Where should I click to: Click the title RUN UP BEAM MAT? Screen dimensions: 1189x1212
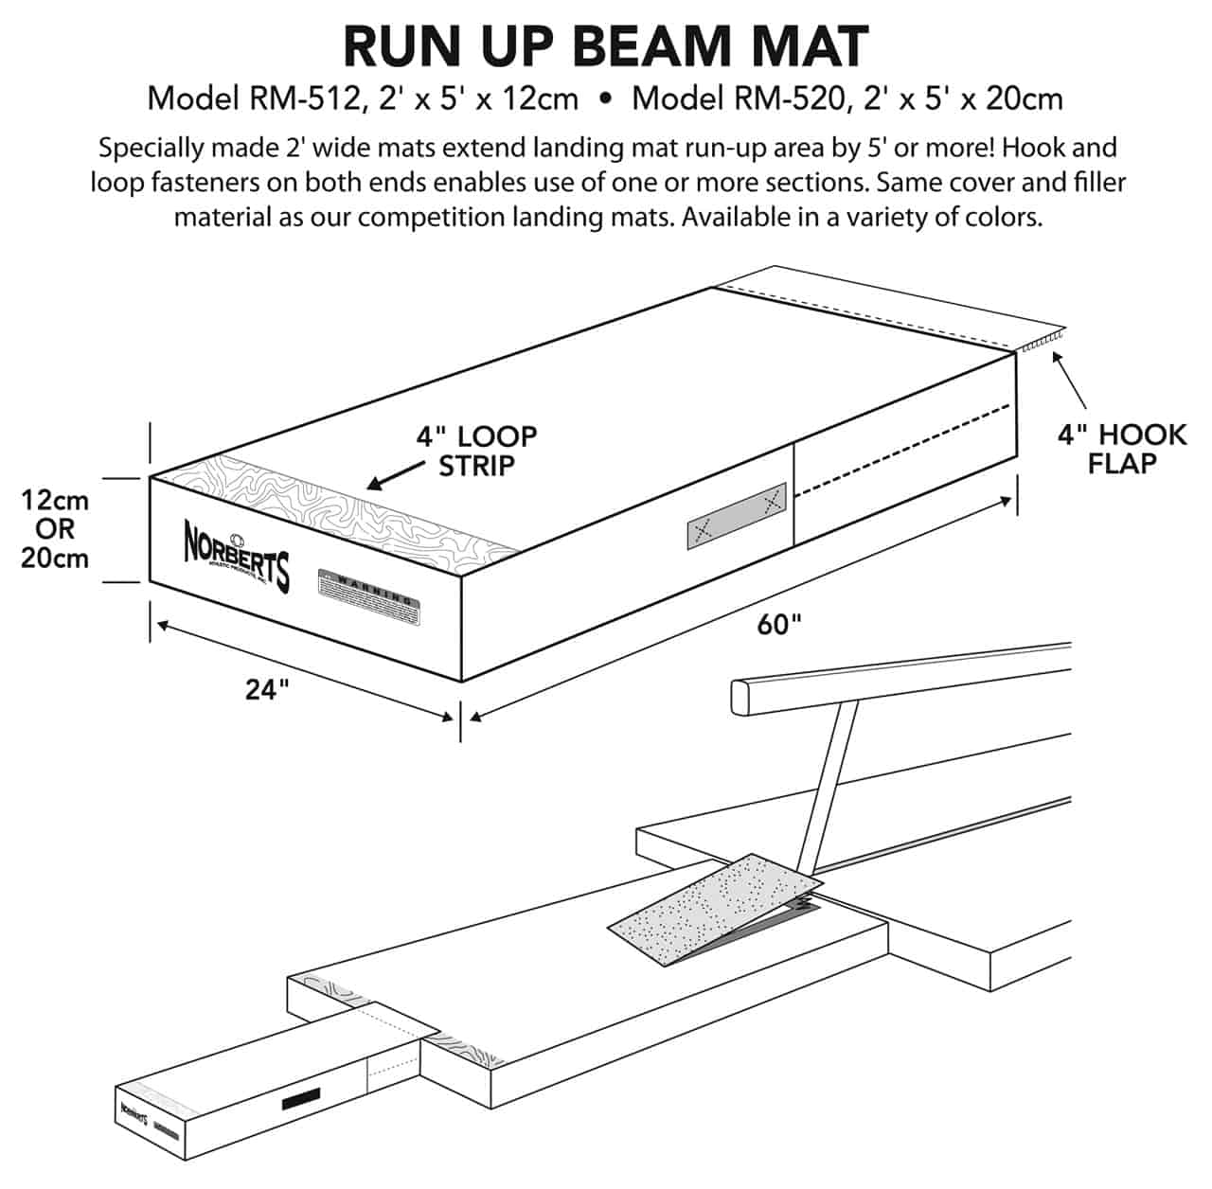point(606,45)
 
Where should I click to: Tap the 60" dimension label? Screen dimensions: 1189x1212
point(779,625)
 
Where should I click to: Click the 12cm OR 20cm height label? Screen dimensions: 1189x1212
point(55,528)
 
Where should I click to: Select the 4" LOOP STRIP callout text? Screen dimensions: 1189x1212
point(476,451)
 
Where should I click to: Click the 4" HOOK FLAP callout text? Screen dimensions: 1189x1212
point(1122,449)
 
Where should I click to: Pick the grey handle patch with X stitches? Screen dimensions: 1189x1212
point(737,519)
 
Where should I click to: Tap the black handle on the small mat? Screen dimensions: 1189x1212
point(300,1100)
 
